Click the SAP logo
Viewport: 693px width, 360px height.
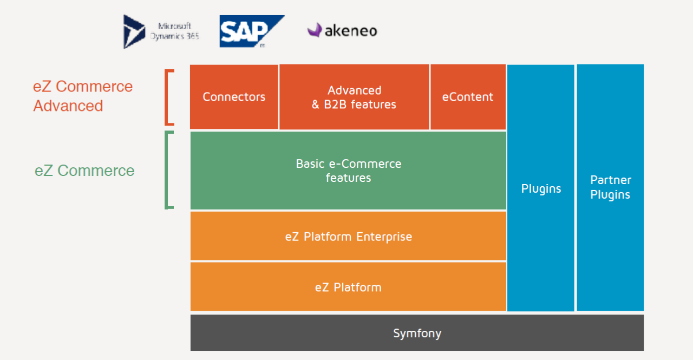(x=252, y=31)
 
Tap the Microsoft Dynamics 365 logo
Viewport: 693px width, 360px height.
(x=161, y=31)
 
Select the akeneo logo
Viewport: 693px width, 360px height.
(x=342, y=30)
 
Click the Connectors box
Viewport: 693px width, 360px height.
(x=234, y=97)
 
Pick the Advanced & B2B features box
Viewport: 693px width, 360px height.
(x=354, y=97)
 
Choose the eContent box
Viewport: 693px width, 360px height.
(x=468, y=97)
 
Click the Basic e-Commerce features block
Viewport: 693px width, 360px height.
(x=348, y=171)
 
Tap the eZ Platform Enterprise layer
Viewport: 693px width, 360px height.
(x=348, y=237)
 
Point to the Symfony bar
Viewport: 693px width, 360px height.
(x=417, y=333)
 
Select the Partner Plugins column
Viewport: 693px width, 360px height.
(x=610, y=187)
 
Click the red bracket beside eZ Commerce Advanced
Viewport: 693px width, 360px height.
(x=168, y=97)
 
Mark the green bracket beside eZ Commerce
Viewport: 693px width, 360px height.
(x=168, y=170)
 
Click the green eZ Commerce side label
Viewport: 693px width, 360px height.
(x=84, y=171)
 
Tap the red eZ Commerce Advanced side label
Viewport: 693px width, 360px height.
(x=83, y=96)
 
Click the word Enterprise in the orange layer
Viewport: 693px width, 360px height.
(x=384, y=237)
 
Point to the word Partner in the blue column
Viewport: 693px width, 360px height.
(x=611, y=180)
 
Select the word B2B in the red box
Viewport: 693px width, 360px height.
(x=336, y=104)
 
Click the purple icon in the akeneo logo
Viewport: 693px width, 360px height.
(x=315, y=30)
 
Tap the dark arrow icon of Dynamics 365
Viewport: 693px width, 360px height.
(x=134, y=31)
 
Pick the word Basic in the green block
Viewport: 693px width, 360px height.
(x=310, y=163)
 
